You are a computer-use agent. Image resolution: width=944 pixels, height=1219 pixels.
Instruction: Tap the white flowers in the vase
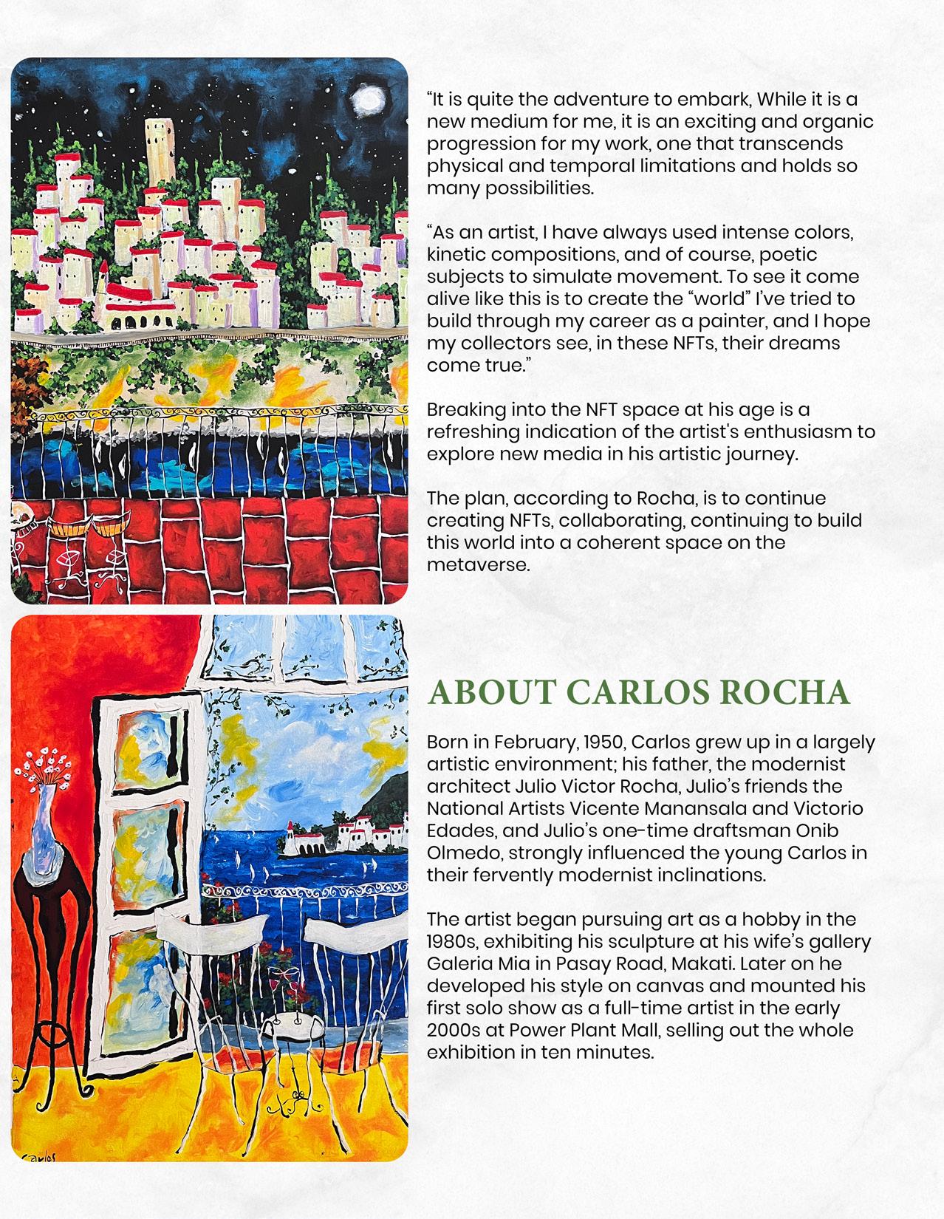44,768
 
